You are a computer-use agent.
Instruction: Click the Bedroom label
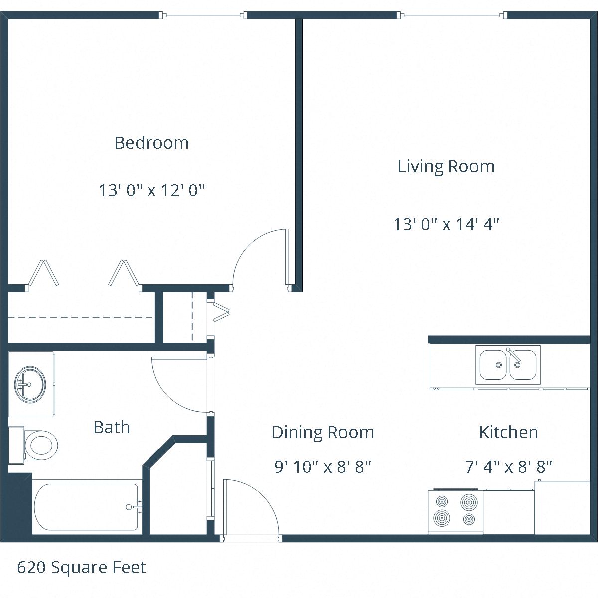[151, 143]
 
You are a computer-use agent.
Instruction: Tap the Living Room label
[446, 166]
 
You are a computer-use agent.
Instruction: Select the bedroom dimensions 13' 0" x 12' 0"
[151, 190]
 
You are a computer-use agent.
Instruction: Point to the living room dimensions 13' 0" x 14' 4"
[446, 224]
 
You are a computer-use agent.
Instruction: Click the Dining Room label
[322, 432]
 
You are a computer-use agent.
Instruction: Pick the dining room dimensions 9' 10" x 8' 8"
[322, 467]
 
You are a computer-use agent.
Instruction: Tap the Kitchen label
[508, 432]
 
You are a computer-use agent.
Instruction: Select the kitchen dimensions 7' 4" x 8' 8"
[508, 467]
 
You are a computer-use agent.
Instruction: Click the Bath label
[112, 427]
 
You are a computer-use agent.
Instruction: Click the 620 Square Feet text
[82, 567]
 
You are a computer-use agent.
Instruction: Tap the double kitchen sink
[508, 365]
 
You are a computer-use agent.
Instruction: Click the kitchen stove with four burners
[455, 511]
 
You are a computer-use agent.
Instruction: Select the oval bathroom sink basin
[30, 384]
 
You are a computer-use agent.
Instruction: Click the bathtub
[86, 507]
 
